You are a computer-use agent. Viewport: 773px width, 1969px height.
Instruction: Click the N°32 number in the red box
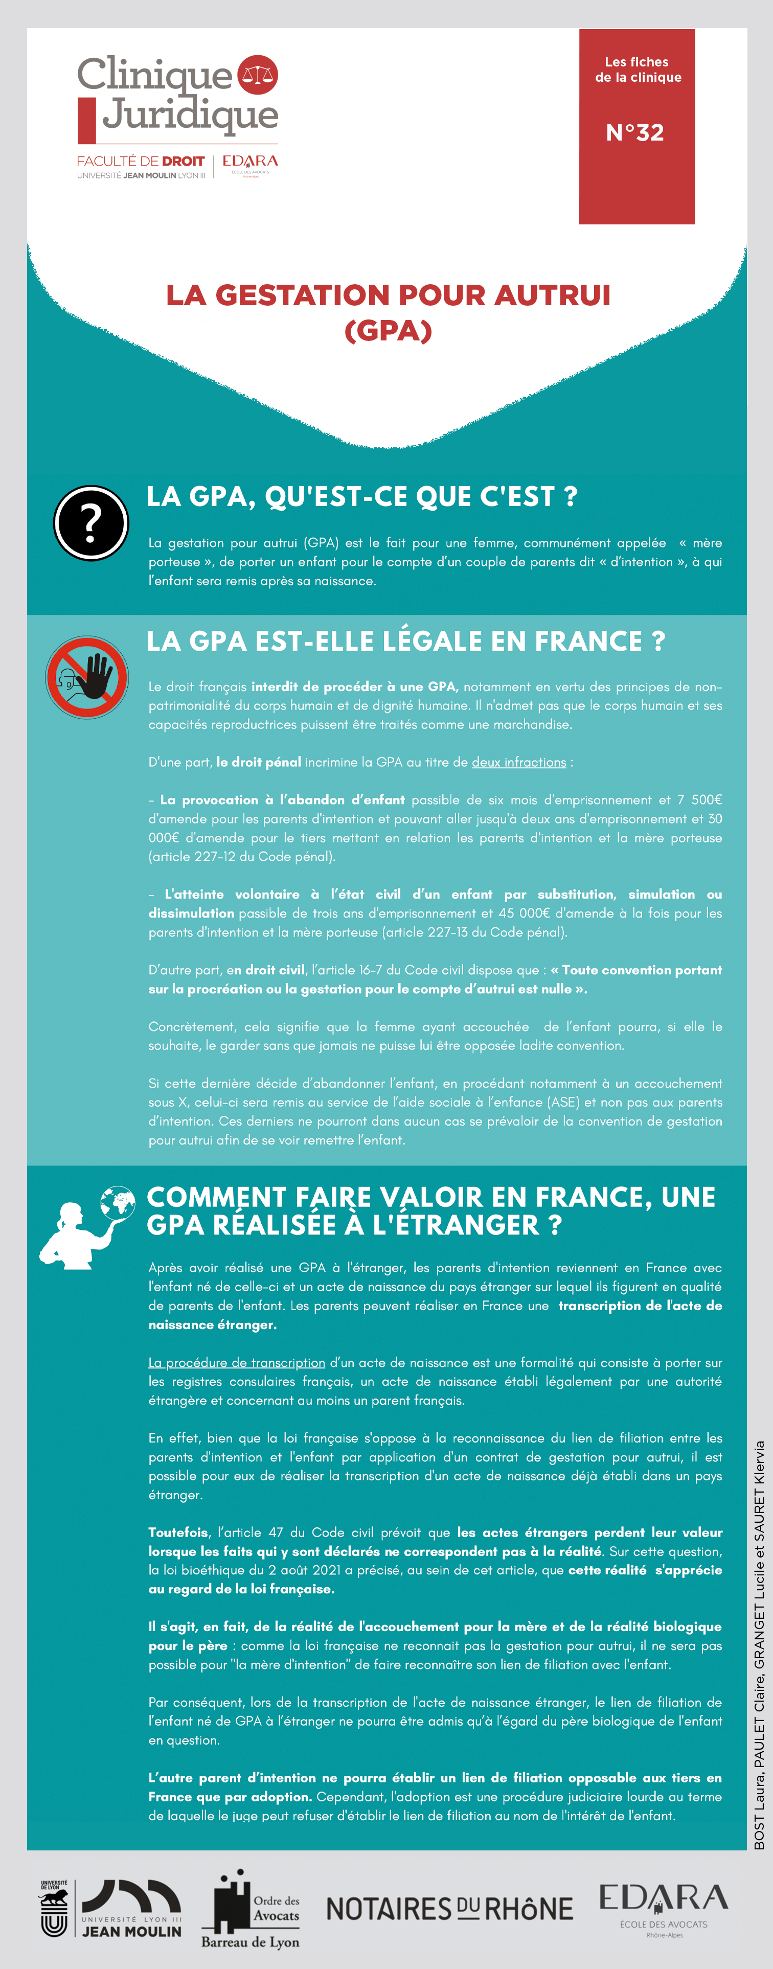(634, 132)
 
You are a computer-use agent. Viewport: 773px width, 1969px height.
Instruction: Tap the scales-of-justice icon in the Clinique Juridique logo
(258, 75)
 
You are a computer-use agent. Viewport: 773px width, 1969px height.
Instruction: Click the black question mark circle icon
(91, 523)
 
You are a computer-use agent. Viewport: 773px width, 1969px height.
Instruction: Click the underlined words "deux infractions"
(518, 762)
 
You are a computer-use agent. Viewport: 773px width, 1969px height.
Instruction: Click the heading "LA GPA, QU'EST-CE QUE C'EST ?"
(361, 497)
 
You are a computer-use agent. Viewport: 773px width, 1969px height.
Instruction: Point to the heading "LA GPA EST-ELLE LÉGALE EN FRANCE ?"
(405, 642)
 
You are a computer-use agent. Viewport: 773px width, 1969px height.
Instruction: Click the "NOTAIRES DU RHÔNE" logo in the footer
(449, 1909)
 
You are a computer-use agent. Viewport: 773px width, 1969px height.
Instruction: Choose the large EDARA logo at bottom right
(663, 1906)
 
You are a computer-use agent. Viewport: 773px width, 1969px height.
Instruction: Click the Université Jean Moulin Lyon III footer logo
(111, 1909)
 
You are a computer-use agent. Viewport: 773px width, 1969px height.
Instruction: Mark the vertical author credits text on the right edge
(759, 1643)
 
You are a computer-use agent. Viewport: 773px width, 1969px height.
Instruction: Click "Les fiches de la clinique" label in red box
(638, 70)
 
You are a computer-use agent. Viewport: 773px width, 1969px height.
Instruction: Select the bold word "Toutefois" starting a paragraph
(177, 1532)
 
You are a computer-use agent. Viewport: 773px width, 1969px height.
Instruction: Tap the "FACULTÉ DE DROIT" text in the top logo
(141, 162)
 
